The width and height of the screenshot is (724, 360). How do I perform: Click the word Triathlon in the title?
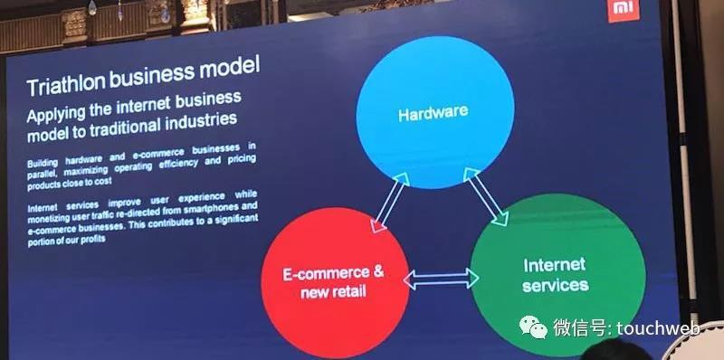click(x=66, y=84)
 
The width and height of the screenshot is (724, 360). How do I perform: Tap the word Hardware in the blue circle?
click(x=433, y=112)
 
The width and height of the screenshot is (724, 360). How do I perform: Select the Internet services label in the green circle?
click(x=555, y=275)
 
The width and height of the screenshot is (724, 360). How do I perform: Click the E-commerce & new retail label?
click(x=333, y=281)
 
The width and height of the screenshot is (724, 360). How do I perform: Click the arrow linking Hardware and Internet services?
click(x=485, y=196)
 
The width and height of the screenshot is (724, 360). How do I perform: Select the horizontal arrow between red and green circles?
click(x=441, y=279)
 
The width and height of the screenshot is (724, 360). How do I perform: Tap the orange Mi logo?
click(x=624, y=10)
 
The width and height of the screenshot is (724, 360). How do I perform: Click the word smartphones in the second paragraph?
click(x=211, y=208)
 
